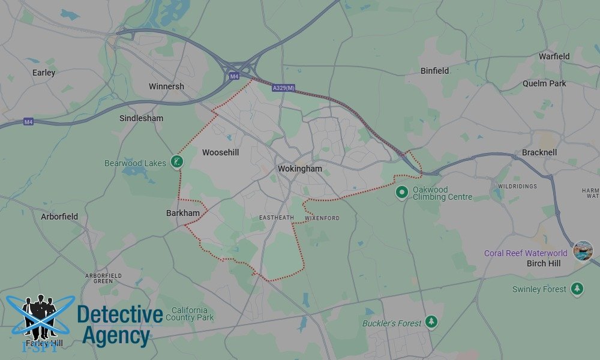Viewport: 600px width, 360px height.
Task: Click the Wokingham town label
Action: (x=299, y=169)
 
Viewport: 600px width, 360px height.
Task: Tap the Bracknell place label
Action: (x=539, y=152)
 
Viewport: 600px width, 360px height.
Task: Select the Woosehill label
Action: (x=220, y=152)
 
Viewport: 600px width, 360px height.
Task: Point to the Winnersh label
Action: (x=166, y=86)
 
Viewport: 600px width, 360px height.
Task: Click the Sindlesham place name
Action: (x=141, y=118)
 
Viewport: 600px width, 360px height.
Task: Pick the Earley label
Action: (x=44, y=73)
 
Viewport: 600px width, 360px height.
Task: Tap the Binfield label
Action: (x=434, y=71)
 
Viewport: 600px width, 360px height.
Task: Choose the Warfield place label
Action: (x=554, y=56)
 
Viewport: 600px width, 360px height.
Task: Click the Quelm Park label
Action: (x=544, y=83)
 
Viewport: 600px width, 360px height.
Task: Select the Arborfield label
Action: (x=59, y=216)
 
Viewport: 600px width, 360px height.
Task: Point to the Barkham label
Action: (x=182, y=212)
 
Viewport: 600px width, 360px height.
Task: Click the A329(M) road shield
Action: (x=283, y=88)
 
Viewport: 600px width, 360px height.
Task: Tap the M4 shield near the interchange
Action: (x=233, y=76)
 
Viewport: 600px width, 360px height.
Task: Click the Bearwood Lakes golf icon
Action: (x=176, y=161)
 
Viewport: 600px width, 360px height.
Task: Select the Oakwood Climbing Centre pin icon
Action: (x=401, y=192)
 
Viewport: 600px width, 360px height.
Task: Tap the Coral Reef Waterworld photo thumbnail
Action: (x=583, y=250)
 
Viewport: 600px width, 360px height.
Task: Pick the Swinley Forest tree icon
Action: (x=577, y=289)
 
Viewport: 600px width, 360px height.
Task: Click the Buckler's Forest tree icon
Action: (x=431, y=323)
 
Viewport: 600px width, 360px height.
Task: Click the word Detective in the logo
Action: (x=120, y=314)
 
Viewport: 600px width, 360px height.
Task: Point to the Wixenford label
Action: (x=322, y=218)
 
